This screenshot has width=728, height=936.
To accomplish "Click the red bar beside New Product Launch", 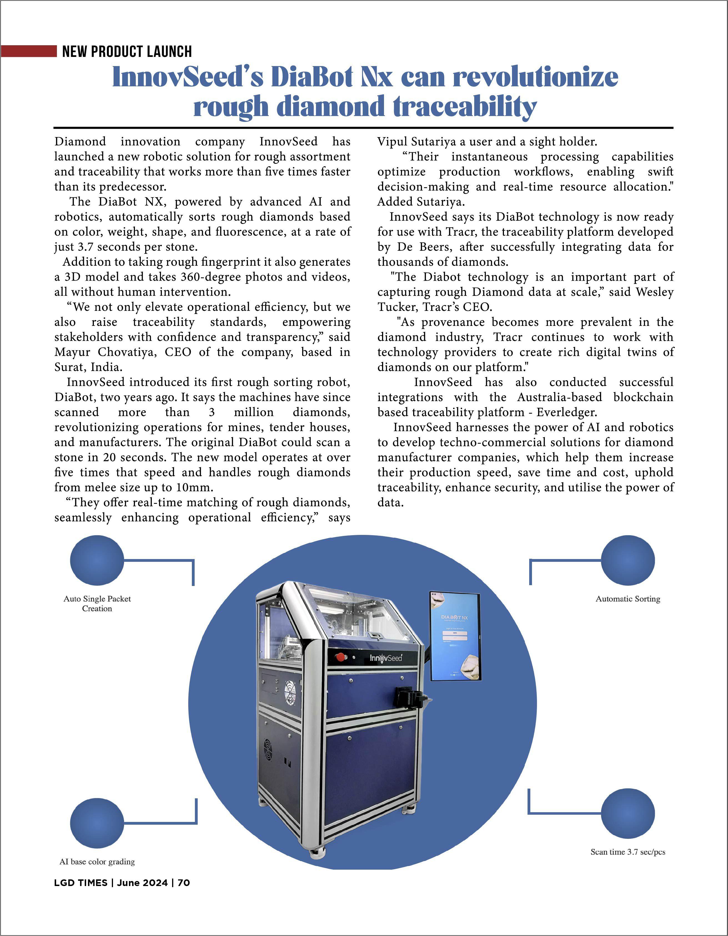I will (28, 51).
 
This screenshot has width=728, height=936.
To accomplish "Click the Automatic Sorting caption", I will (628, 599).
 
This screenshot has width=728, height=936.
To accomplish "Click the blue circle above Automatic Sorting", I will (628, 560).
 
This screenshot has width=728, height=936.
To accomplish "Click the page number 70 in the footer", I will (184, 891).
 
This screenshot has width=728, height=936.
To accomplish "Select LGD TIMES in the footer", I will (81, 891).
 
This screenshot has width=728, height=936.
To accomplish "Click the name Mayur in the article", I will (72, 352).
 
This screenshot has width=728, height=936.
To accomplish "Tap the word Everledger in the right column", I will (566, 412).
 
